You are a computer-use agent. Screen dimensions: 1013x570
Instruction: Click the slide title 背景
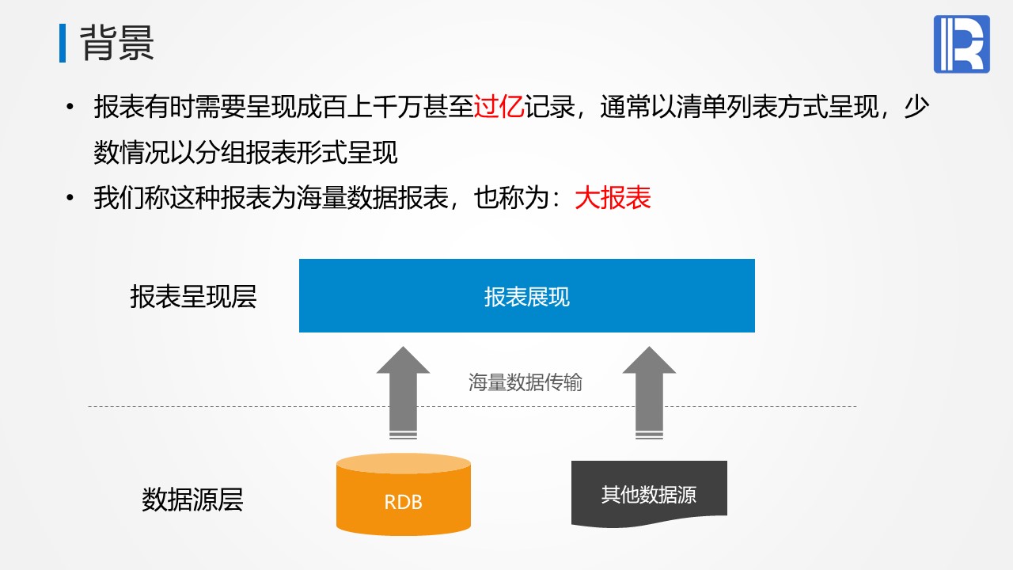(x=117, y=43)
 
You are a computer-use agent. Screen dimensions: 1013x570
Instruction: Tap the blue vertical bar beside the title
(x=63, y=43)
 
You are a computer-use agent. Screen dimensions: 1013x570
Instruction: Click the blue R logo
(x=962, y=44)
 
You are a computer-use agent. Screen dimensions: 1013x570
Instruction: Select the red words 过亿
(x=499, y=107)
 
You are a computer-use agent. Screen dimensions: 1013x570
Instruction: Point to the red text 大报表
(x=613, y=198)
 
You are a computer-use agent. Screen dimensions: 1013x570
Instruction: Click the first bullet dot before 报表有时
(x=70, y=107)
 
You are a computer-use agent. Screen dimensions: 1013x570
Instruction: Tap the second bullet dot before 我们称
(x=70, y=198)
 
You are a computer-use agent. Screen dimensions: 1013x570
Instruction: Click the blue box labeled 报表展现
(x=527, y=295)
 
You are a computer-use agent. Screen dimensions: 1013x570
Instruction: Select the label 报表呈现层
(x=194, y=297)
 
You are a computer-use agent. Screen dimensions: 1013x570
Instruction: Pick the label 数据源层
(x=192, y=500)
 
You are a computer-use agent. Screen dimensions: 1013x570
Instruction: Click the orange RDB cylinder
(x=404, y=494)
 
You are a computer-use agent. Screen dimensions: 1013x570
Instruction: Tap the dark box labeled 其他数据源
(x=649, y=494)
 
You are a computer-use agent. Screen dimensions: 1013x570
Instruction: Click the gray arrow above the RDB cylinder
(x=403, y=393)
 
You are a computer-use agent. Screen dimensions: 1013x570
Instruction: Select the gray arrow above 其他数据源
(x=649, y=393)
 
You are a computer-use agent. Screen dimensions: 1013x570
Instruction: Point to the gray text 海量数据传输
(x=525, y=382)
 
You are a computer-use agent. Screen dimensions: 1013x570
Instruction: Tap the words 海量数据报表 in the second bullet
(x=372, y=198)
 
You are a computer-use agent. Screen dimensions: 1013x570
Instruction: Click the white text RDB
(x=404, y=502)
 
